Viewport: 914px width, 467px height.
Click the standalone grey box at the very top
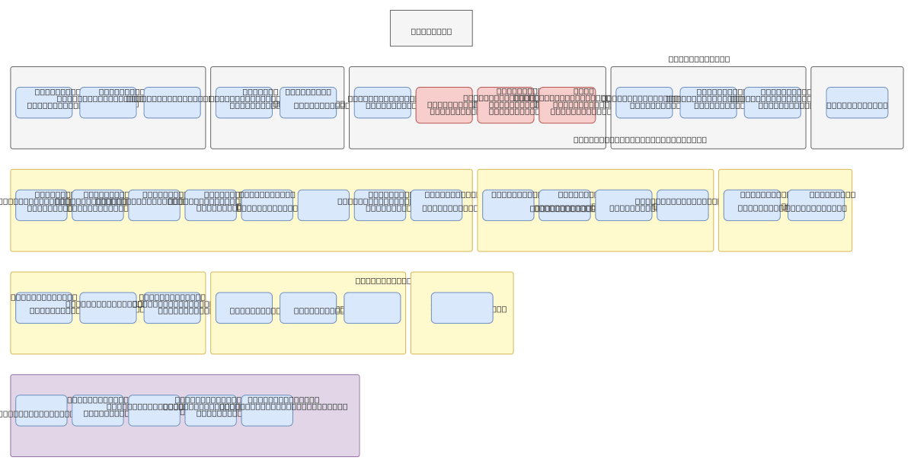431,28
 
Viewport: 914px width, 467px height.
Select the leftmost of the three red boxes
444,105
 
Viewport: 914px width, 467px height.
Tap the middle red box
506,105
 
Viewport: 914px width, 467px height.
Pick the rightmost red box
567,105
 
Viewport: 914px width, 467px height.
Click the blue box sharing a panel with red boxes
382,103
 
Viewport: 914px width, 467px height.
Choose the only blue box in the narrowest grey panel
857,103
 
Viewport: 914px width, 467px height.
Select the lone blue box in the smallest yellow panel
462,308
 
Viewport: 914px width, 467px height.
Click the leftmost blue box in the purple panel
41,411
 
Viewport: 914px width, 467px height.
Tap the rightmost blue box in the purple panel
267,411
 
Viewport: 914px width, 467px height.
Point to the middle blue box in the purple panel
154,411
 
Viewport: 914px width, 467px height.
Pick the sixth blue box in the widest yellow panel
323,206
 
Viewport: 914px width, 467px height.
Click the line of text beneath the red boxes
640,139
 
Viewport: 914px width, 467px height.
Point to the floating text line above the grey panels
698,59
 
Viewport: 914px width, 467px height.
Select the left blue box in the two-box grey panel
244,103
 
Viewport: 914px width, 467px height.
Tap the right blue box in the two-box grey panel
308,103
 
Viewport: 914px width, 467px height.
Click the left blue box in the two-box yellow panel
752,206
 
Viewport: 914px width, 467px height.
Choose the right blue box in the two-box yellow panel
816,206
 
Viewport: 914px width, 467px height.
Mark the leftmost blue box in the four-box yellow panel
508,206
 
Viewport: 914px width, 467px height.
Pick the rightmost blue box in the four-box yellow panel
682,206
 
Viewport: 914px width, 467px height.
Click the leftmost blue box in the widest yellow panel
41,206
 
